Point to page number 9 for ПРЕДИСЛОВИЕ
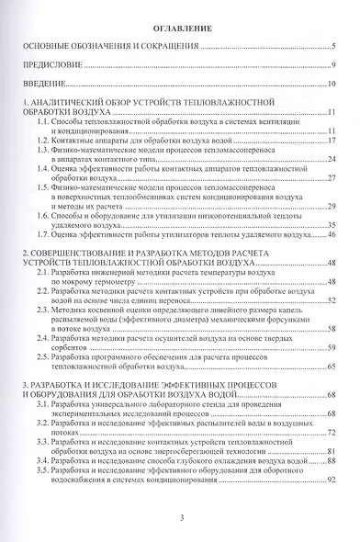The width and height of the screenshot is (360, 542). tap(336, 66)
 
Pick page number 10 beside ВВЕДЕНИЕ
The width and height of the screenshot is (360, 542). tap(334, 84)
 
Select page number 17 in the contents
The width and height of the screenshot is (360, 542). tap(334, 141)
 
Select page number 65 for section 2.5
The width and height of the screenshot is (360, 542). tap(334, 365)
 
